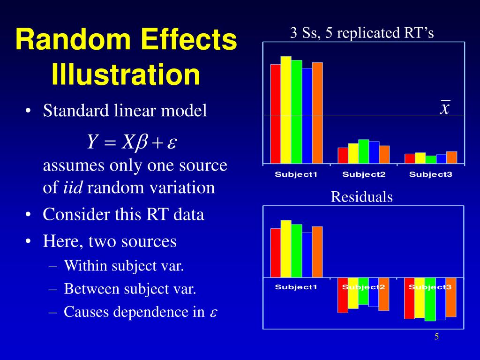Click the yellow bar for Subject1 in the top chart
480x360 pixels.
[x=286, y=110]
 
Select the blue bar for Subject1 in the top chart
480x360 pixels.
[x=307, y=116]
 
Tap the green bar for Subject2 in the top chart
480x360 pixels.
[x=364, y=151]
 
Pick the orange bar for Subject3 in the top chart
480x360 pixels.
[x=451, y=157]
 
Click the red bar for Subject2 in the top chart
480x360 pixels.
[x=343, y=156]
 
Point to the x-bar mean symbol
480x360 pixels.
[x=445, y=107]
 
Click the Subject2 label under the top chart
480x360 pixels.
[x=363, y=175]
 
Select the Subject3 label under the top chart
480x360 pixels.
[x=430, y=175]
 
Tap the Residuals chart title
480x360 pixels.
[x=361, y=197]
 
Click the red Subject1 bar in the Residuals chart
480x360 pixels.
[x=276, y=253]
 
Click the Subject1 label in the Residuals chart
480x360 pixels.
[x=296, y=287]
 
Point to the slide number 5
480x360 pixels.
[x=436, y=337]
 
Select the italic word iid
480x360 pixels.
[x=73, y=188]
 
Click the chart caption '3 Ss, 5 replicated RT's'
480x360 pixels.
[x=362, y=33]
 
